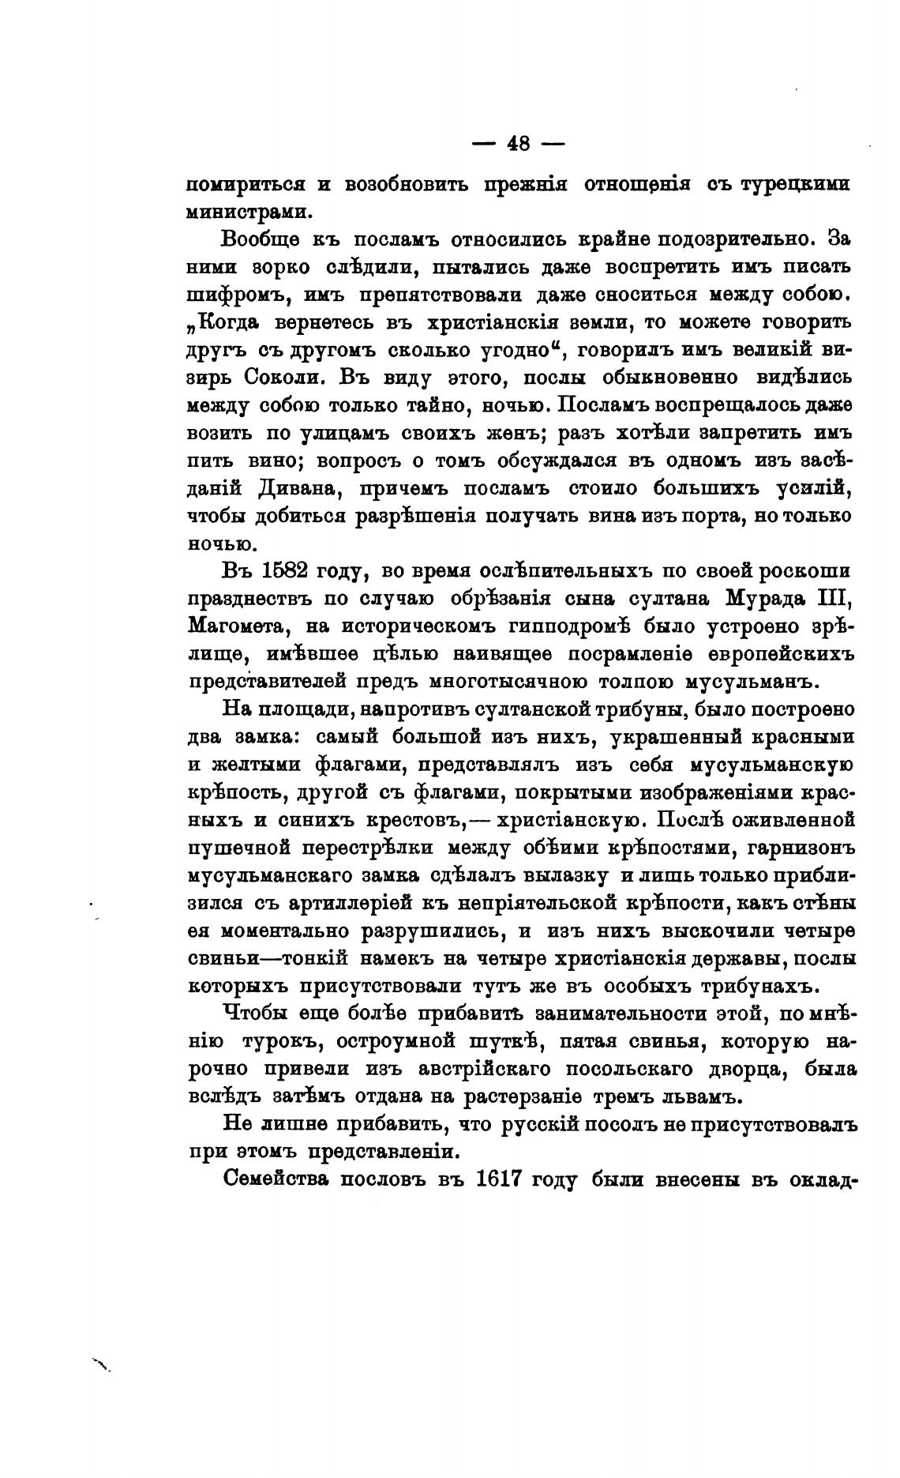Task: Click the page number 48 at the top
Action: click(x=518, y=145)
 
